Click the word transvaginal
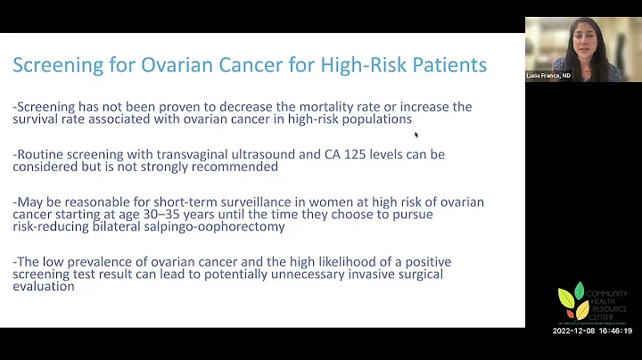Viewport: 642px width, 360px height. (200, 154)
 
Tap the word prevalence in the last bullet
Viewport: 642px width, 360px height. (108, 263)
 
